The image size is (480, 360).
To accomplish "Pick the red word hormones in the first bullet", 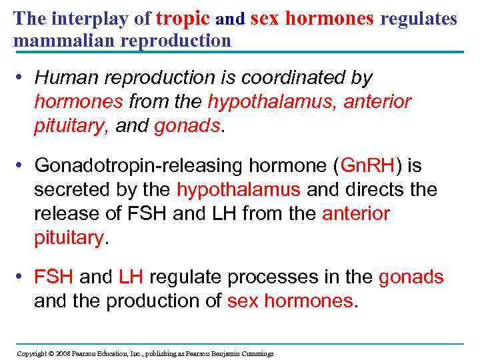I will click(79, 102).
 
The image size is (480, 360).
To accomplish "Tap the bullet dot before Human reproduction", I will click(21, 78).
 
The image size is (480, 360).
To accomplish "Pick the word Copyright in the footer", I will click(31, 353).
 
